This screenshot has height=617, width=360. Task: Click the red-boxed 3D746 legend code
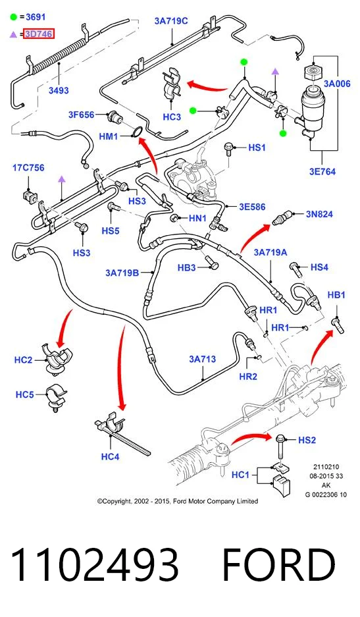(39, 34)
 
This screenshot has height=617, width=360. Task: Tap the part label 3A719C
(171, 21)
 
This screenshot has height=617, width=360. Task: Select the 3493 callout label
(59, 90)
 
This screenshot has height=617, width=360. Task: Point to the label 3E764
(322, 172)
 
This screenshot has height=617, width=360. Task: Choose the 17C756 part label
(28, 168)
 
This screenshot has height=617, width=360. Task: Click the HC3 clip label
(172, 117)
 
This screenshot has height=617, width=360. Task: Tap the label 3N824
(319, 214)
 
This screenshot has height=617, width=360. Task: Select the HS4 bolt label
(319, 267)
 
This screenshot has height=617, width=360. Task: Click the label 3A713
(202, 359)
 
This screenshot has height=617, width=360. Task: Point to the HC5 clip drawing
(55, 398)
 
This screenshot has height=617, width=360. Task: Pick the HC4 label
(110, 456)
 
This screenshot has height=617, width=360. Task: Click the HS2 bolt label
(307, 440)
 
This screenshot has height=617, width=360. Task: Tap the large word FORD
(279, 565)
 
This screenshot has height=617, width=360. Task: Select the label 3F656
(82, 115)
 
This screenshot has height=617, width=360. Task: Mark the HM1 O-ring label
(108, 136)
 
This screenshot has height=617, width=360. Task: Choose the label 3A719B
(122, 273)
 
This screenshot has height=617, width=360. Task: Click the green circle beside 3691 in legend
(14, 17)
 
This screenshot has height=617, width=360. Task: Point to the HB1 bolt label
(336, 295)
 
